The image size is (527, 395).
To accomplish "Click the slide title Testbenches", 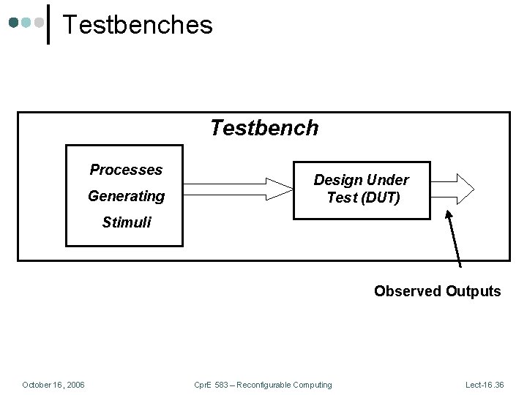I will [137, 25].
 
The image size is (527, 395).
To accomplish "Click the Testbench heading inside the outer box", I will [264, 128].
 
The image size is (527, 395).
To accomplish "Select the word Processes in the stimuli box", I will [126, 170].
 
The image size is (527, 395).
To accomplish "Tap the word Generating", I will [126, 196].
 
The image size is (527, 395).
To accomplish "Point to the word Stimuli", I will [126, 222].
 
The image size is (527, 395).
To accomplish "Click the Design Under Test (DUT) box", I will [362, 189].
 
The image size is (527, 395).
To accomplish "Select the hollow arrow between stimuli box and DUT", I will [238, 189].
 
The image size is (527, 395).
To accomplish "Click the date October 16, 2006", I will [53, 385].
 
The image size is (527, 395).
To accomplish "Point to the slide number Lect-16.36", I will [485, 385].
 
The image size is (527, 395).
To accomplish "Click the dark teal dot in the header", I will [14, 23].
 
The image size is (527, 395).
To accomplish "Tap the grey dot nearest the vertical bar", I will [38, 23].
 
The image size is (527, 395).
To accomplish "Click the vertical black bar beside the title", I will [48, 24].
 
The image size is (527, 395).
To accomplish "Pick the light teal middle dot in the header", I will [26, 23].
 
